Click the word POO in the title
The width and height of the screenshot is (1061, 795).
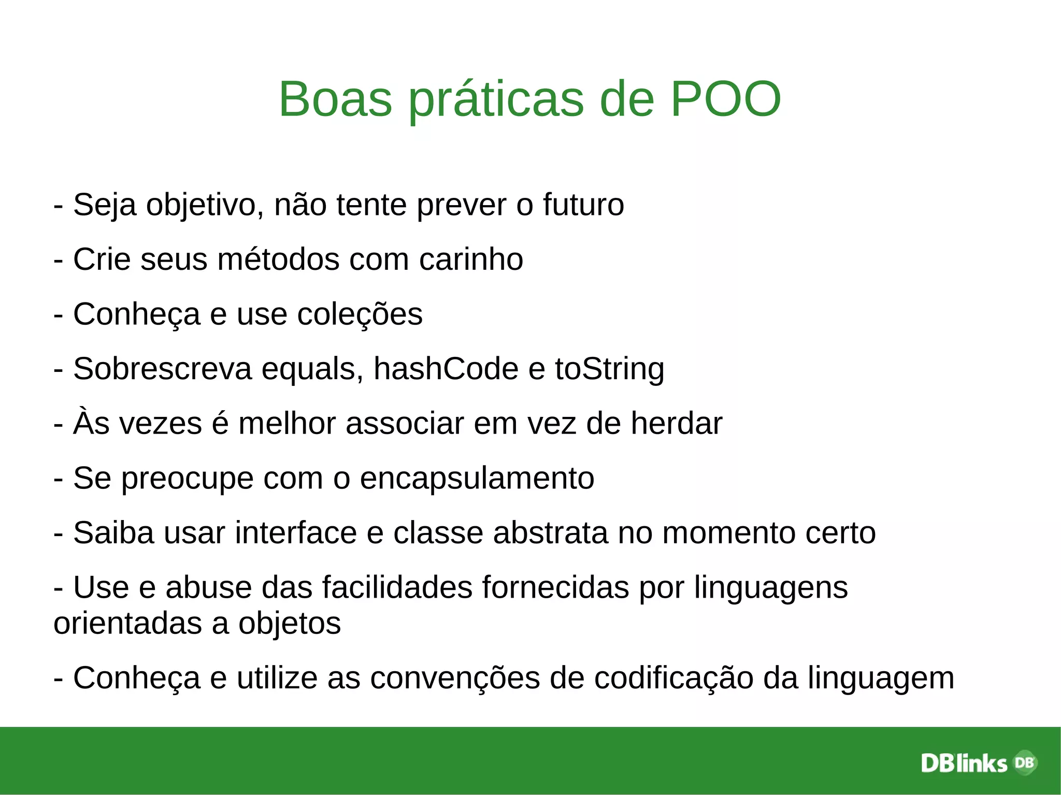click(725, 99)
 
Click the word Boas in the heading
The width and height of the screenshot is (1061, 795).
click(335, 99)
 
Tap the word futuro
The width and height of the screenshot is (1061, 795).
click(583, 205)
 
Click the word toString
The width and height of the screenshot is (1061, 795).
click(609, 370)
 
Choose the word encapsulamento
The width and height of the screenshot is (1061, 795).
click(477, 479)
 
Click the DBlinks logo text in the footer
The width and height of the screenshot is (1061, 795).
click(964, 763)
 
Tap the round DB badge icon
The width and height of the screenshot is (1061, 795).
click(1024, 762)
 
